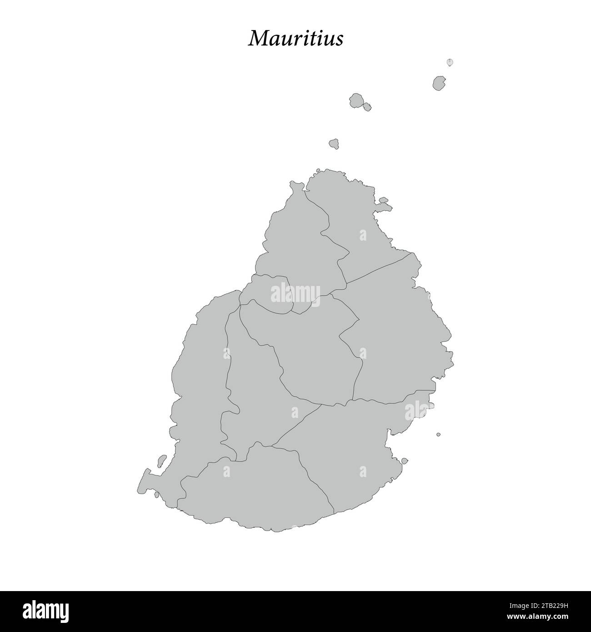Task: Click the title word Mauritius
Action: coord(295,39)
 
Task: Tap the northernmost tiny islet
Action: coord(450,62)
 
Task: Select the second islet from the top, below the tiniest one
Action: coord(439,83)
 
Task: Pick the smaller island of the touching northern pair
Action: coord(366,107)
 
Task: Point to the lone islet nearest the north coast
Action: coord(335,144)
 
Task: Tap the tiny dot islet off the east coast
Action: coord(438,434)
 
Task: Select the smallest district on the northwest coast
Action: coord(268,293)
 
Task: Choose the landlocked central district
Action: coord(314,350)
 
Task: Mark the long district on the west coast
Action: coord(200,373)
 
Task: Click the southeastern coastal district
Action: coord(355,446)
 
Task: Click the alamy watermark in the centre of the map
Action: coord(295,293)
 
